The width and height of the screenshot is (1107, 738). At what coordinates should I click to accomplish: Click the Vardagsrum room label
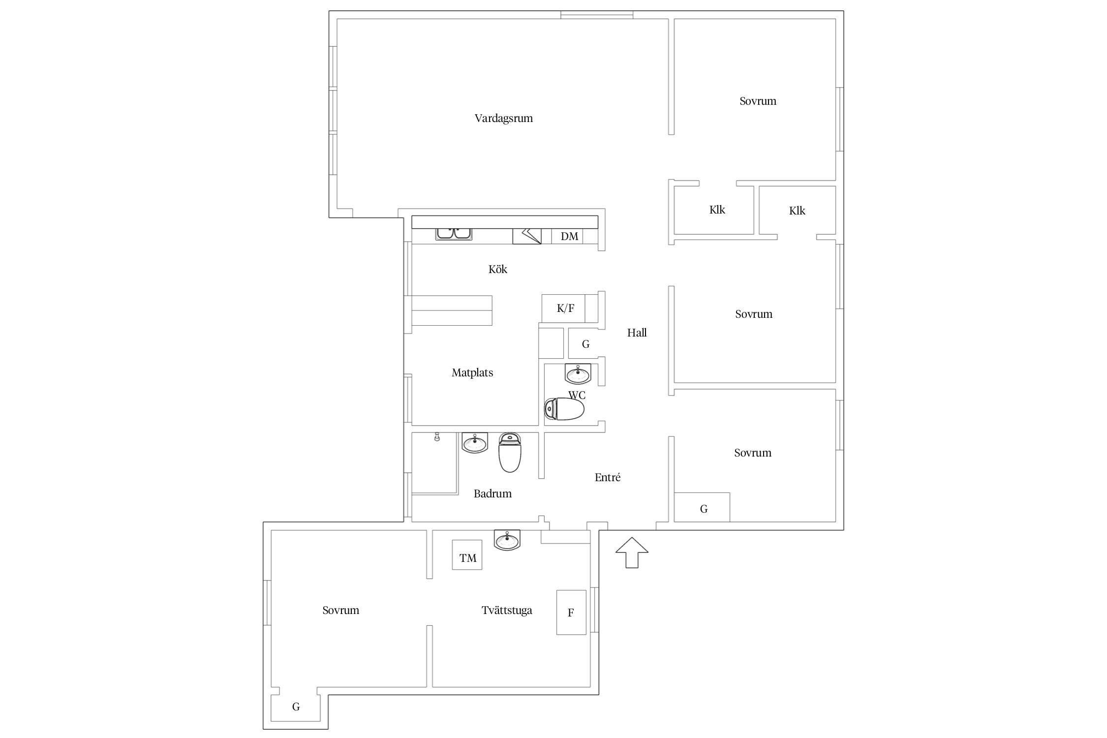click(503, 119)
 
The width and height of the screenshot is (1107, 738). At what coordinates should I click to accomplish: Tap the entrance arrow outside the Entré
click(632, 553)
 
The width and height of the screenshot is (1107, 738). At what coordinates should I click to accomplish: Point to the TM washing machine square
click(467, 555)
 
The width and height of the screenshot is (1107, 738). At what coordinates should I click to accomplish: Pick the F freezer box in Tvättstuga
click(571, 613)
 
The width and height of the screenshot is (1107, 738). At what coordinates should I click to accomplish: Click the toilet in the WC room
click(564, 409)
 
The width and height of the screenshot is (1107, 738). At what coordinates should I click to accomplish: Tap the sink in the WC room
click(578, 374)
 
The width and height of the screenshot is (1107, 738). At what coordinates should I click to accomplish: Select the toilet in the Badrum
click(510, 452)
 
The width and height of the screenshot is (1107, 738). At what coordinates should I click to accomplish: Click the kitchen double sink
click(454, 234)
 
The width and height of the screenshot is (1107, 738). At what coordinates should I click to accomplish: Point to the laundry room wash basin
click(507, 540)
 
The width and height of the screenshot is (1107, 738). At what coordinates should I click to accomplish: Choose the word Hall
click(637, 333)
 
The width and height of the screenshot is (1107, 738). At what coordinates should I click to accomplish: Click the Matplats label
click(472, 373)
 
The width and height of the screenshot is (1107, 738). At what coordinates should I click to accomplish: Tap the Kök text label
click(497, 269)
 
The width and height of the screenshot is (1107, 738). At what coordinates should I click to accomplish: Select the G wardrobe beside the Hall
click(584, 343)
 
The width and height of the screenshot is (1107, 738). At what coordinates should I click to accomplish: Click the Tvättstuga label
click(507, 611)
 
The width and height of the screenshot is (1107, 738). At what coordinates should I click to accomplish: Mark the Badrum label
click(492, 494)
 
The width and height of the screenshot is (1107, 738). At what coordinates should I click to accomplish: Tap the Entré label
click(608, 477)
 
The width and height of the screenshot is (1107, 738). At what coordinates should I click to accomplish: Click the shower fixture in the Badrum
click(437, 437)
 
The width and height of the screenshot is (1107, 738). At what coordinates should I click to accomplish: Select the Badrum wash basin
click(475, 443)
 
